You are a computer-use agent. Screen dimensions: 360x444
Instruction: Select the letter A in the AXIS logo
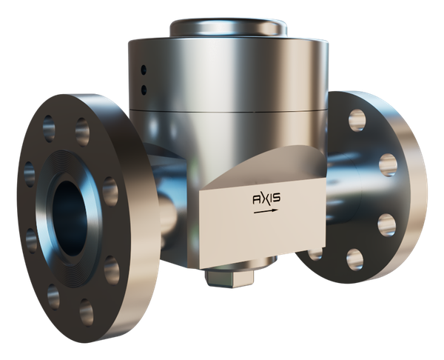click(x=256, y=199)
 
